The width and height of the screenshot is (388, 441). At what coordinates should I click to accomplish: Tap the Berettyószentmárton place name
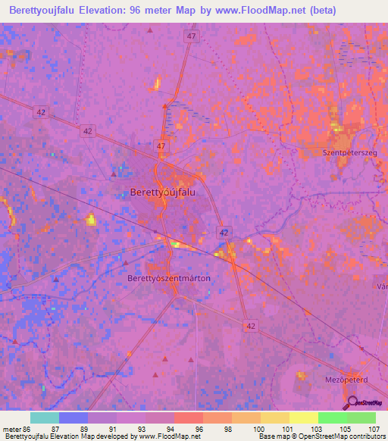(x=168, y=279)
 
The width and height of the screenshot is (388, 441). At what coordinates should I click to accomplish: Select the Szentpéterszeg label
(x=349, y=153)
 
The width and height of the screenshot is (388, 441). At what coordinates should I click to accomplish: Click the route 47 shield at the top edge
(x=191, y=36)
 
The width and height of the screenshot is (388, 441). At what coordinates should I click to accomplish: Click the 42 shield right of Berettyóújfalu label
(x=224, y=232)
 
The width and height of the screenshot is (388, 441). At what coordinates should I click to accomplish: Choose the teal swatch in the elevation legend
(x=44, y=418)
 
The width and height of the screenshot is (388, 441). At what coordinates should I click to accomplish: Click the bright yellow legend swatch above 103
(x=303, y=418)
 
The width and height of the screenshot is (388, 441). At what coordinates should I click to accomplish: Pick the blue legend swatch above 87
(x=74, y=418)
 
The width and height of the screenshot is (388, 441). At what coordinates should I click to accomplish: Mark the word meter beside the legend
(x=11, y=428)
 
